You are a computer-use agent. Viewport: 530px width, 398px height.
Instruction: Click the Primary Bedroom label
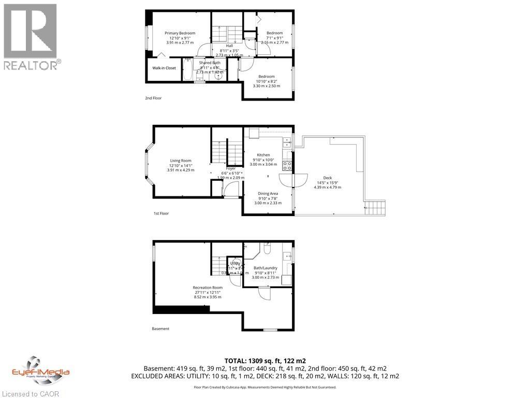pos(180,33)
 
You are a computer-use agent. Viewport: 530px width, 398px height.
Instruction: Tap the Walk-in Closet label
pos(164,68)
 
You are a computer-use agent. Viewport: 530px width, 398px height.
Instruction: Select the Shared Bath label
pos(210,63)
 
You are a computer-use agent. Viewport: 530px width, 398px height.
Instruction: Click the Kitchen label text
pos(263,155)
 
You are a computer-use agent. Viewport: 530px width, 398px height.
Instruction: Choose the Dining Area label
pos(268,194)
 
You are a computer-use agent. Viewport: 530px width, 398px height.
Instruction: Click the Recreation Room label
pos(207,288)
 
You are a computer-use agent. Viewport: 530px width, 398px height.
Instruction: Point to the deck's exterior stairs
pos(375,209)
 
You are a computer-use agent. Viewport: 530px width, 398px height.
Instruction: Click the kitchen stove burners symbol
pos(287,166)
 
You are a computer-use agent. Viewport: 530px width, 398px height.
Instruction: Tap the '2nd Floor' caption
pos(154,98)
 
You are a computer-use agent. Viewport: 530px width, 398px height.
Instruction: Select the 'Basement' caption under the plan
pos(160,329)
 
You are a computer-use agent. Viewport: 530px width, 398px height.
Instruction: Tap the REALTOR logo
pos(31,36)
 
